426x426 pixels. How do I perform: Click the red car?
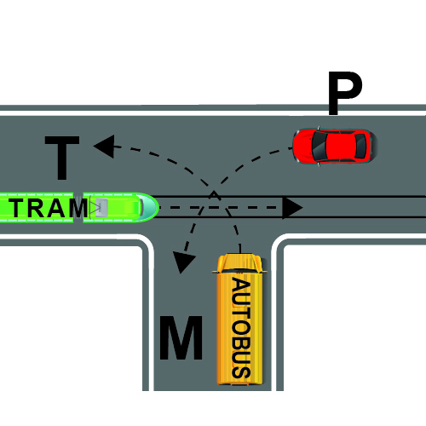click(335, 146)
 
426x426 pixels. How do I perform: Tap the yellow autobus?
click(239, 319)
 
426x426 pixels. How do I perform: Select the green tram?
click(78, 207)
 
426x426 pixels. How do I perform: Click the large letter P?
click(345, 93)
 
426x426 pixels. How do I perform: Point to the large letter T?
click(62, 158)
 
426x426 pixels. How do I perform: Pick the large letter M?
click(181, 337)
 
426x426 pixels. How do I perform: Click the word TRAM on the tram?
click(49, 208)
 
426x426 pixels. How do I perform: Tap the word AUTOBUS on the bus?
click(241, 328)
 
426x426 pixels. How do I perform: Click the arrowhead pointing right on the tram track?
click(292, 208)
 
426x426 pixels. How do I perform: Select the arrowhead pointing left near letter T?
click(104, 147)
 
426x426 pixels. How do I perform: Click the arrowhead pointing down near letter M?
click(183, 262)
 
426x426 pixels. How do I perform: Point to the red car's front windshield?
click(319, 146)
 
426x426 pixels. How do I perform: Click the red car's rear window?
click(360, 146)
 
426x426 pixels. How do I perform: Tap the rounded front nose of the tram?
click(150, 207)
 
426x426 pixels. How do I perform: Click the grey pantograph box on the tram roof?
click(101, 208)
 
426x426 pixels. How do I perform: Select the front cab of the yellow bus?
click(239, 263)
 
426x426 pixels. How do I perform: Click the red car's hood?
click(302, 146)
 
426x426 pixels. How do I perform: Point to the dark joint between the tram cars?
click(78, 207)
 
